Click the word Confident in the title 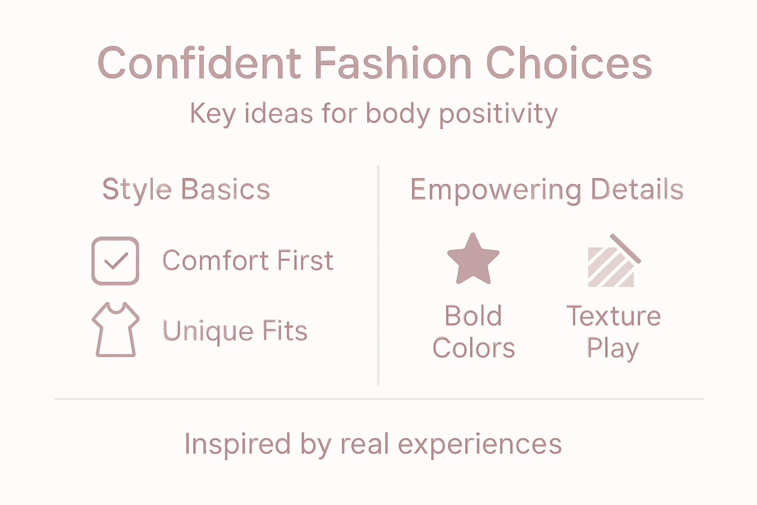(x=199, y=63)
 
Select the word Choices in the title (x=569, y=63)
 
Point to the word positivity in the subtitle (x=498, y=114)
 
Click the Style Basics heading (x=186, y=189)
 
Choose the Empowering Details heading (x=547, y=189)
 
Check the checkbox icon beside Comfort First (x=115, y=261)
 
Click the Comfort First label (x=248, y=260)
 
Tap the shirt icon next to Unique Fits (x=115, y=329)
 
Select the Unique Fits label (x=235, y=330)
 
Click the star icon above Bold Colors (x=473, y=259)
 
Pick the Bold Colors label (x=474, y=332)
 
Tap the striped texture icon (x=613, y=262)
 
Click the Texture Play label (x=614, y=332)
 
